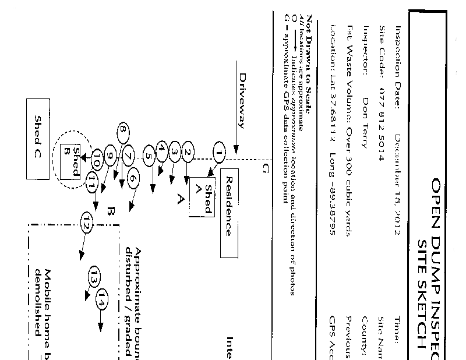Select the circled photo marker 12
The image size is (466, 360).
pyautogui.click(x=87, y=222)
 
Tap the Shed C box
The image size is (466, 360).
pyautogui.click(x=38, y=139)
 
